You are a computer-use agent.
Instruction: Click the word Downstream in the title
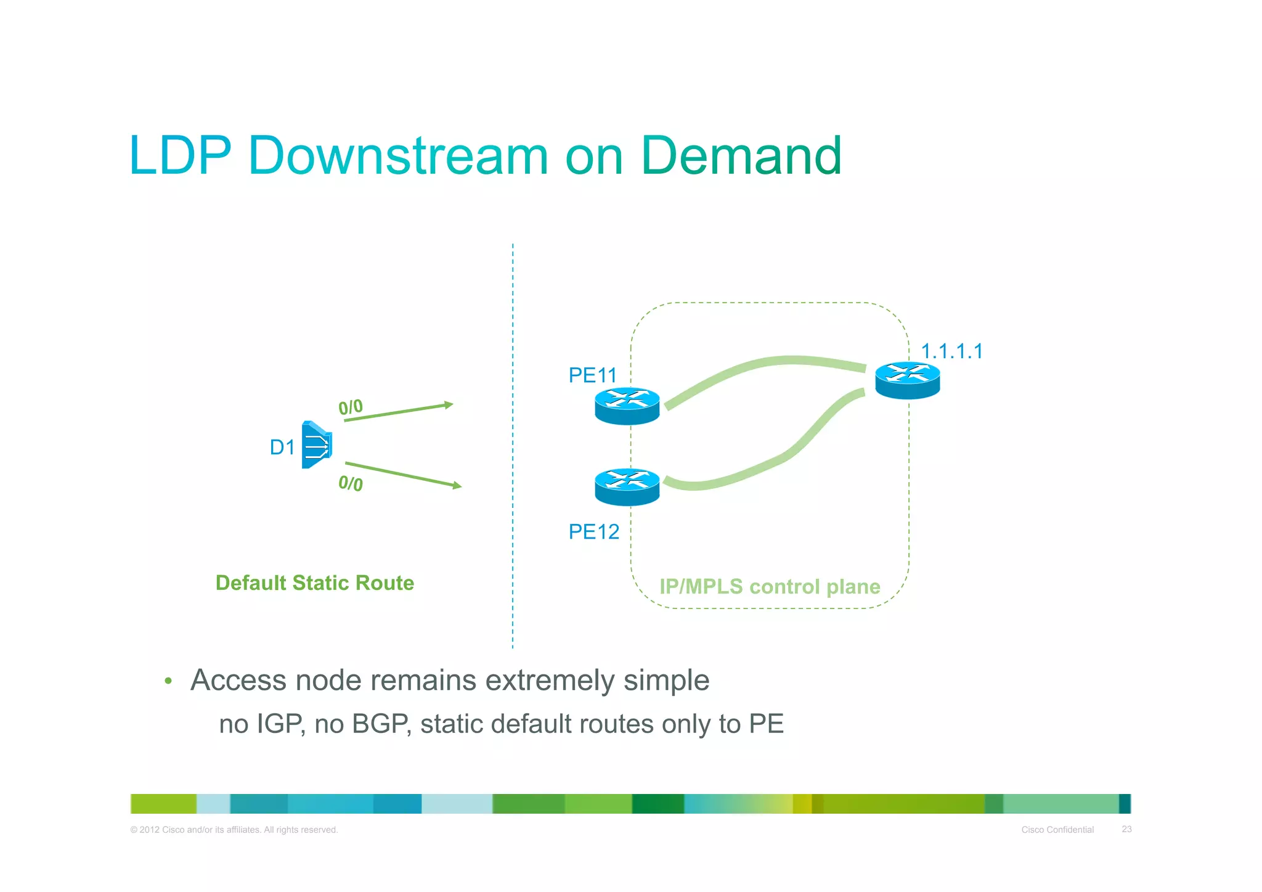[397, 155]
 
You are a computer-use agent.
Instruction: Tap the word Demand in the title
[741, 155]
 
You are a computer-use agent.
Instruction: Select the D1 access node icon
[317, 444]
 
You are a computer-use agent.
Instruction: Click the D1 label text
[282, 447]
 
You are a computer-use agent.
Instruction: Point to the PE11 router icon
[627, 406]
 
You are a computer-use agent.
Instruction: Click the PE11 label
[592, 375]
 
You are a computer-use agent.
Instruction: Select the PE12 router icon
[627, 487]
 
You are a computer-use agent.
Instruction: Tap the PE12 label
[593, 531]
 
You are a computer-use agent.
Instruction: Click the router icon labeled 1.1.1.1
[907, 380]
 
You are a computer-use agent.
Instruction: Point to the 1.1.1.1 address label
[951, 351]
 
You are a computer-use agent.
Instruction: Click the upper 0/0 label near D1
[351, 407]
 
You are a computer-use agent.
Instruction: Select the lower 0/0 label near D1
[351, 483]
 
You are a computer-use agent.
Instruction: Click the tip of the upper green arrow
[452, 404]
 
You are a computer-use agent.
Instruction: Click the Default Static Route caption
[314, 583]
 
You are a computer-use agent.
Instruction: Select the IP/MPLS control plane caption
[770, 586]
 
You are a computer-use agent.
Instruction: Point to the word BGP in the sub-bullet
[380, 724]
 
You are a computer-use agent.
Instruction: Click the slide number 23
[1126, 829]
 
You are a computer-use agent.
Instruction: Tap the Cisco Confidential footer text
[1057, 830]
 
